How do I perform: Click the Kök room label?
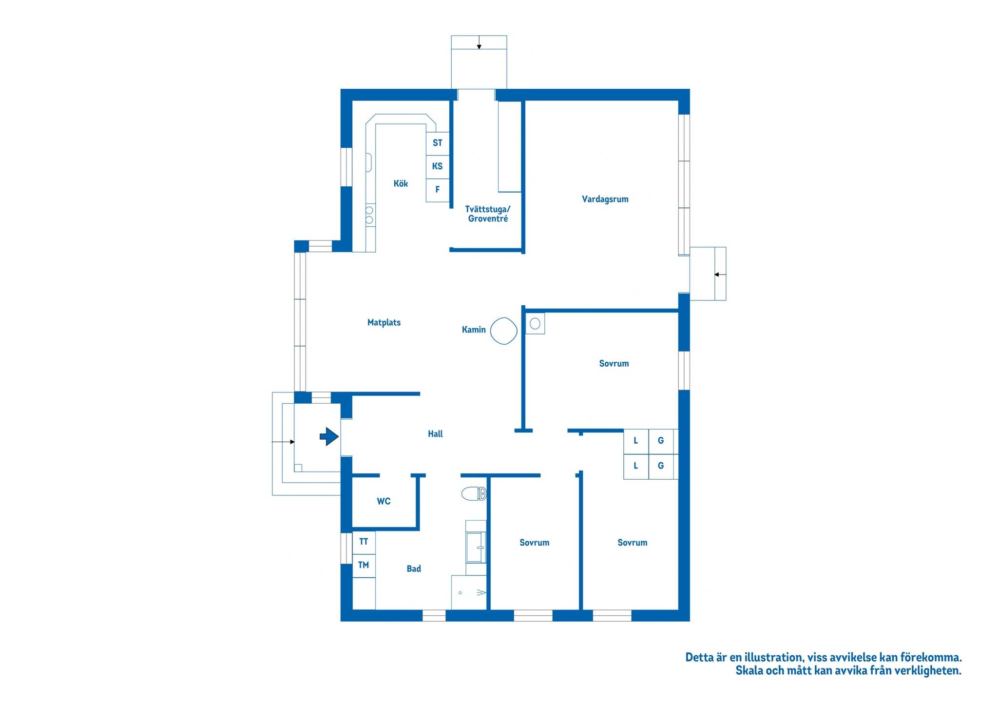(401, 183)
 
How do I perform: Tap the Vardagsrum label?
(605, 199)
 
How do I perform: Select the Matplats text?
(384, 322)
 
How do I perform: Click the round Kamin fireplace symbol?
(503, 331)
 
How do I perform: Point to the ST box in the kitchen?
(438, 143)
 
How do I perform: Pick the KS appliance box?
(438, 167)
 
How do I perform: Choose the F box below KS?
(438, 190)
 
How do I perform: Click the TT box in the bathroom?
(364, 542)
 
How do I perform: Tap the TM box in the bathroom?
(364, 566)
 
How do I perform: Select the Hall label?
(435, 433)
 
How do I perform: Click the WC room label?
(384, 501)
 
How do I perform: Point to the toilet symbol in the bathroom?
(474, 494)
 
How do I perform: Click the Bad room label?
(414, 569)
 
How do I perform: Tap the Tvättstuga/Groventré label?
(488, 214)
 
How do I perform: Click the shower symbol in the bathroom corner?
(469, 592)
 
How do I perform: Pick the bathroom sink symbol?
(476, 547)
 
